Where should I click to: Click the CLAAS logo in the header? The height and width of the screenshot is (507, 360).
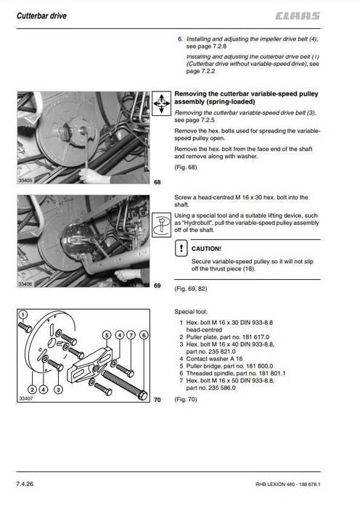pyautogui.click(x=298, y=16)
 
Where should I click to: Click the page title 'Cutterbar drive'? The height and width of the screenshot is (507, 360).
pyautogui.click(x=41, y=16)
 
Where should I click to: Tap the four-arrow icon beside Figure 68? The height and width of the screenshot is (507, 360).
pyautogui.click(x=161, y=104)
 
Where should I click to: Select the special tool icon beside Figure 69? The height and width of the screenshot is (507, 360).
pyautogui.click(x=161, y=225)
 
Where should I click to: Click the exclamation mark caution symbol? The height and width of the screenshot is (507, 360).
pyautogui.click(x=181, y=249)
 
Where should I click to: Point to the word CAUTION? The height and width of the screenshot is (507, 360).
pyautogui.click(x=206, y=249)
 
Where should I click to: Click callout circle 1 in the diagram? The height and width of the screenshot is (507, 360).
pyautogui.click(x=22, y=315)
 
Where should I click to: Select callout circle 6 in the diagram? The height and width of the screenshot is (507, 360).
pyautogui.click(x=144, y=335)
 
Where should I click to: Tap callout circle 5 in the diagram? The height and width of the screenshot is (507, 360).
pyautogui.click(x=107, y=335)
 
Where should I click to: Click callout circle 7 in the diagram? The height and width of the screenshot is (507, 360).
pyautogui.click(x=131, y=335)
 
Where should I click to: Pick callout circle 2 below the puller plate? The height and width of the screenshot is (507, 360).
pyautogui.click(x=33, y=389)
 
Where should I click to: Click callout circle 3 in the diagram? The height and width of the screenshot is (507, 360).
pyautogui.click(x=58, y=389)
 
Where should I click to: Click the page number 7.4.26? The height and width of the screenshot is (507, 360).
pyautogui.click(x=25, y=484)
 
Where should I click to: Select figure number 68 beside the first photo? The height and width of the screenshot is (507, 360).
pyautogui.click(x=157, y=182)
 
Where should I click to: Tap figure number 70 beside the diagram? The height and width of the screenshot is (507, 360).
pyautogui.click(x=157, y=400)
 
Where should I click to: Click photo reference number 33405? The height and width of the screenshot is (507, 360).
pyautogui.click(x=25, y=181)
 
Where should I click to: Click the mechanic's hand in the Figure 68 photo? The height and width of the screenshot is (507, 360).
pyautogui.click(x=91, y=176)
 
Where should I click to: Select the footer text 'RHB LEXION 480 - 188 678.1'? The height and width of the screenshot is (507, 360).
pyautogui.click(x=288, y=485)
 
